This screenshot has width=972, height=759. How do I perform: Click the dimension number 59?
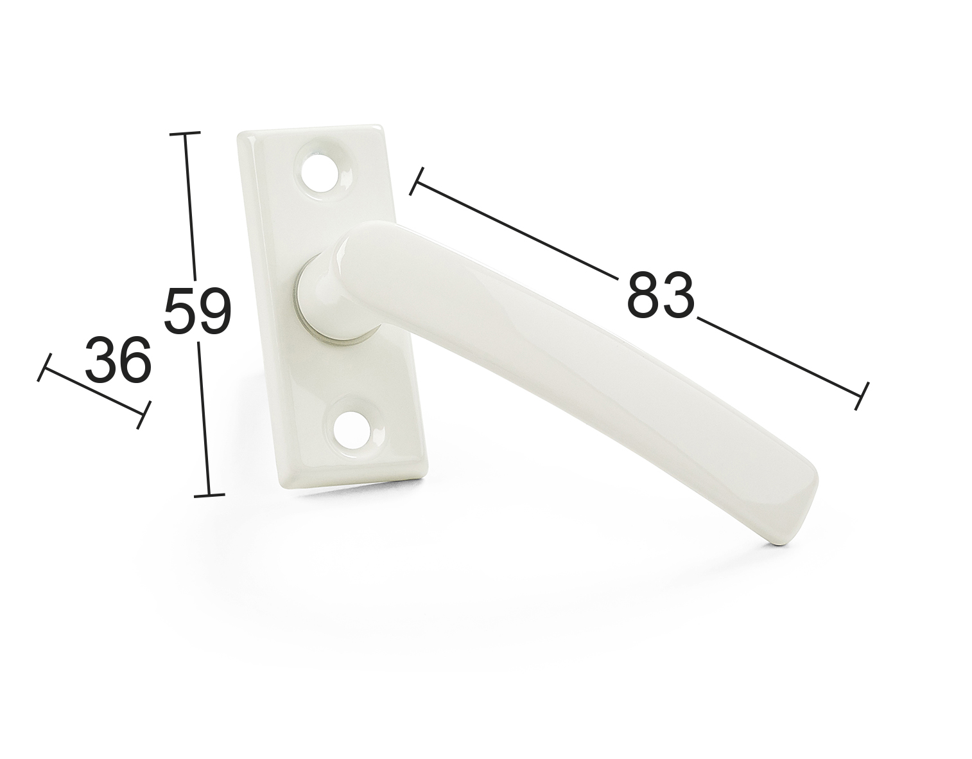click(197, 310)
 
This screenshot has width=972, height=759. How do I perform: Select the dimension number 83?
click(661, 295)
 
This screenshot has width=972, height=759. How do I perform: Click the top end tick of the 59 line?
click(184, 132)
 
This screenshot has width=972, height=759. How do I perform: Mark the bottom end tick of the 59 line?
click(209, 496)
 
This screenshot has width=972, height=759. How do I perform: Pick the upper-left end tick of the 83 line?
click(417, 181)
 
